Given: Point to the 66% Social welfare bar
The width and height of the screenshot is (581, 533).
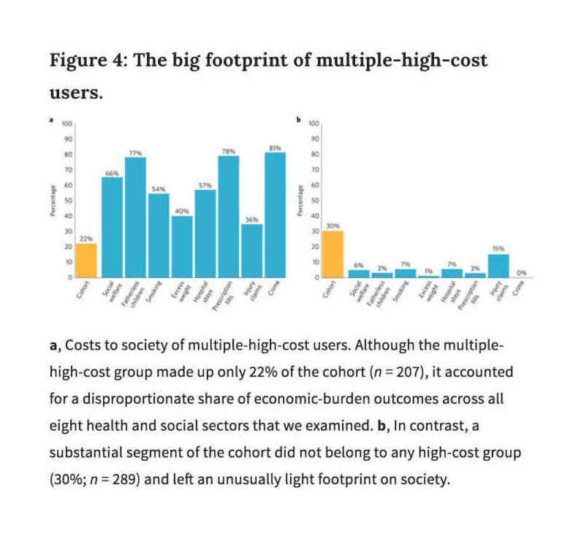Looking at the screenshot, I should [x=112, y=227].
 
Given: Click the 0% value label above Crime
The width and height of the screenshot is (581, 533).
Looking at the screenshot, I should [x=521, y=272].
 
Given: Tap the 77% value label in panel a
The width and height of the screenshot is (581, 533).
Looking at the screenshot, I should [x=135, y=153].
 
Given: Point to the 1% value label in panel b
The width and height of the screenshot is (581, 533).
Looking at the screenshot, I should [x=428, y=271].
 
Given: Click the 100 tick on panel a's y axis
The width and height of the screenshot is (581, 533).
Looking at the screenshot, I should [x=67, y=123].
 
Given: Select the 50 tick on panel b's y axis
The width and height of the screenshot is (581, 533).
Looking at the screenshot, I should [x=315, y=201].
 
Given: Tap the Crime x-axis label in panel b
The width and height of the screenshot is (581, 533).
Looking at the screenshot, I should [x=518, y=290].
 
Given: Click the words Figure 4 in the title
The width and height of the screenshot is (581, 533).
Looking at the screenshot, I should [x=81, y=60].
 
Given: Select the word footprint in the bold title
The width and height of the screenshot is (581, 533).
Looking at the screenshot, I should [x=248, y=60].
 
